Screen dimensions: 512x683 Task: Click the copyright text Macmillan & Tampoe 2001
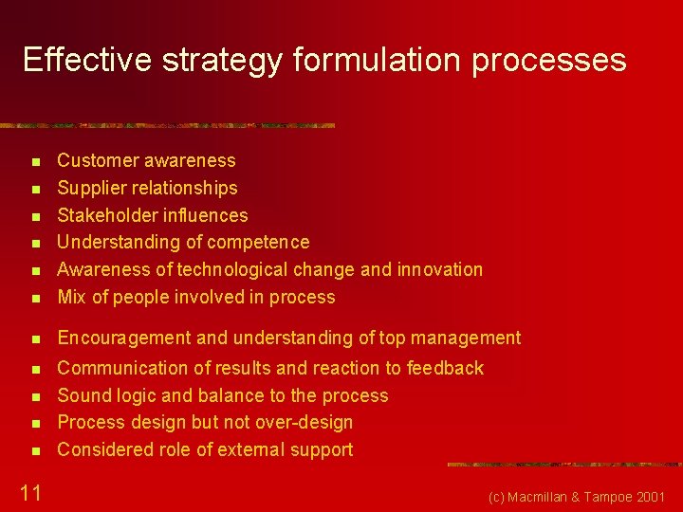click(x=577, y=497)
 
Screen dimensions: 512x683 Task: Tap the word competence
click(x=258, y=243)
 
